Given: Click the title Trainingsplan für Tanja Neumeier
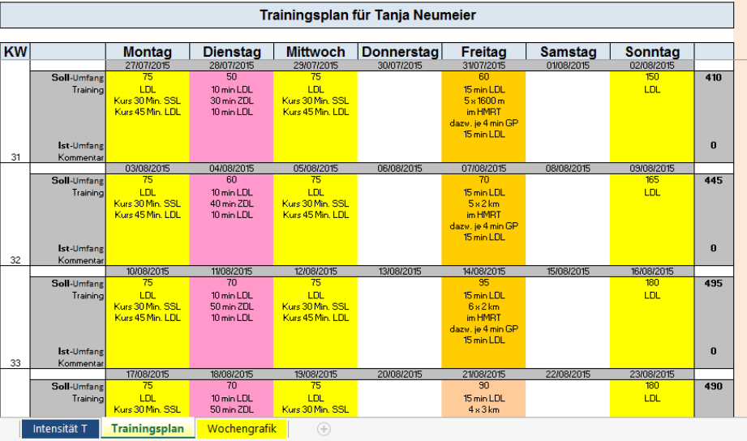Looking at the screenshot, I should [x=368, y=15].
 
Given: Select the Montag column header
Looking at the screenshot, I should [x=147, y=52].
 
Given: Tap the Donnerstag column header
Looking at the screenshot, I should [x=400, y=52].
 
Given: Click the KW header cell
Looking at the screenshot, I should [x=15, y=52].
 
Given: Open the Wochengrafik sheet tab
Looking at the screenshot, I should [x=241, y=428].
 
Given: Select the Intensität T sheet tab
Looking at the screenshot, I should [x=61, y=428].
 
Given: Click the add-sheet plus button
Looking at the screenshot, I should [x=324, y=429].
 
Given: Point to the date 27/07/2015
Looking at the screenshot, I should [x=148, y=66].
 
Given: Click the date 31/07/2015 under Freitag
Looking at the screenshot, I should [x=484, y=66].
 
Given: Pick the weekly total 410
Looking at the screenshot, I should [x=714, y=78].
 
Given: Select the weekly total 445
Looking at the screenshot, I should [x=714, y=181].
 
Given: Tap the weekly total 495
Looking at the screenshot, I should [x=714, y=284].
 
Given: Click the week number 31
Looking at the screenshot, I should [x=15, y=157].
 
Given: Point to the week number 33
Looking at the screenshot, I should [x=15, y=363].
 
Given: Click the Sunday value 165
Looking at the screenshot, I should [x=652, y=181].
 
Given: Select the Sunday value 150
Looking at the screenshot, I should [x=652, y=78].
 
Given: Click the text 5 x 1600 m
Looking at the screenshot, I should [x=484, y=101].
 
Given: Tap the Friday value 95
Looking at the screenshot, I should [x=484, y=284].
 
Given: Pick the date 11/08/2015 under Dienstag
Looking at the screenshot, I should [x=231, y=272].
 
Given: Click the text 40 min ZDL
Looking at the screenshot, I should [x=231, y=203].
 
